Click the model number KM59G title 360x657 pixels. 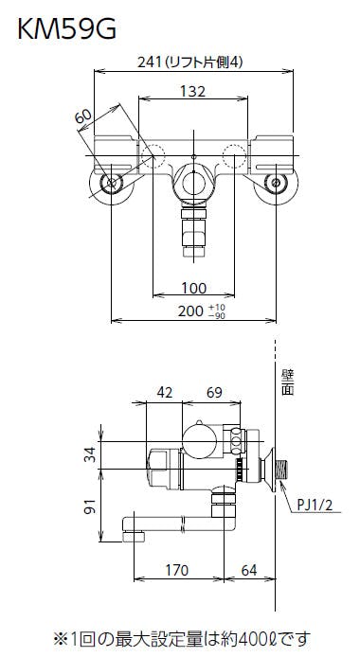coord(66,29)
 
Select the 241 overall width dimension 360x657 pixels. coord(189,62)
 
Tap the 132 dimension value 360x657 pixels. coord(193,91)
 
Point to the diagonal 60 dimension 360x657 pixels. coord(83,116)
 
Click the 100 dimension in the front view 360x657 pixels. coord(193,288)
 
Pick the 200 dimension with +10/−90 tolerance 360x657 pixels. coord(201,311)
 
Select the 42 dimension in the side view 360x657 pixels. coord(164,393)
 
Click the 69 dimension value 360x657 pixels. coord(214,393)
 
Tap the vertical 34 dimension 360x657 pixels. coord(90,454)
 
